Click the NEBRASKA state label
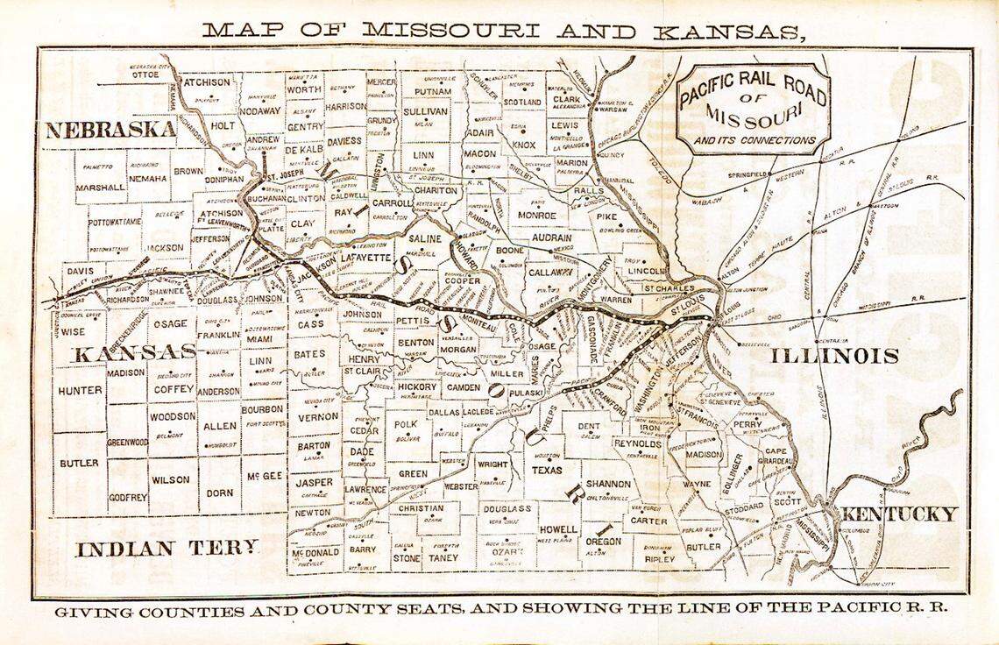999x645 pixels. [110, 131]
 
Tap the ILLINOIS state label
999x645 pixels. [835, 356]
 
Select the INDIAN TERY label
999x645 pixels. [167, 549]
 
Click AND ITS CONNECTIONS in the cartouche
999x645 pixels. [755, 139]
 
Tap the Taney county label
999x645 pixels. [445, 556]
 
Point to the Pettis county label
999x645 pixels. [413, 322]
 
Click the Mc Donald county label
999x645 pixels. [315, 553]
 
